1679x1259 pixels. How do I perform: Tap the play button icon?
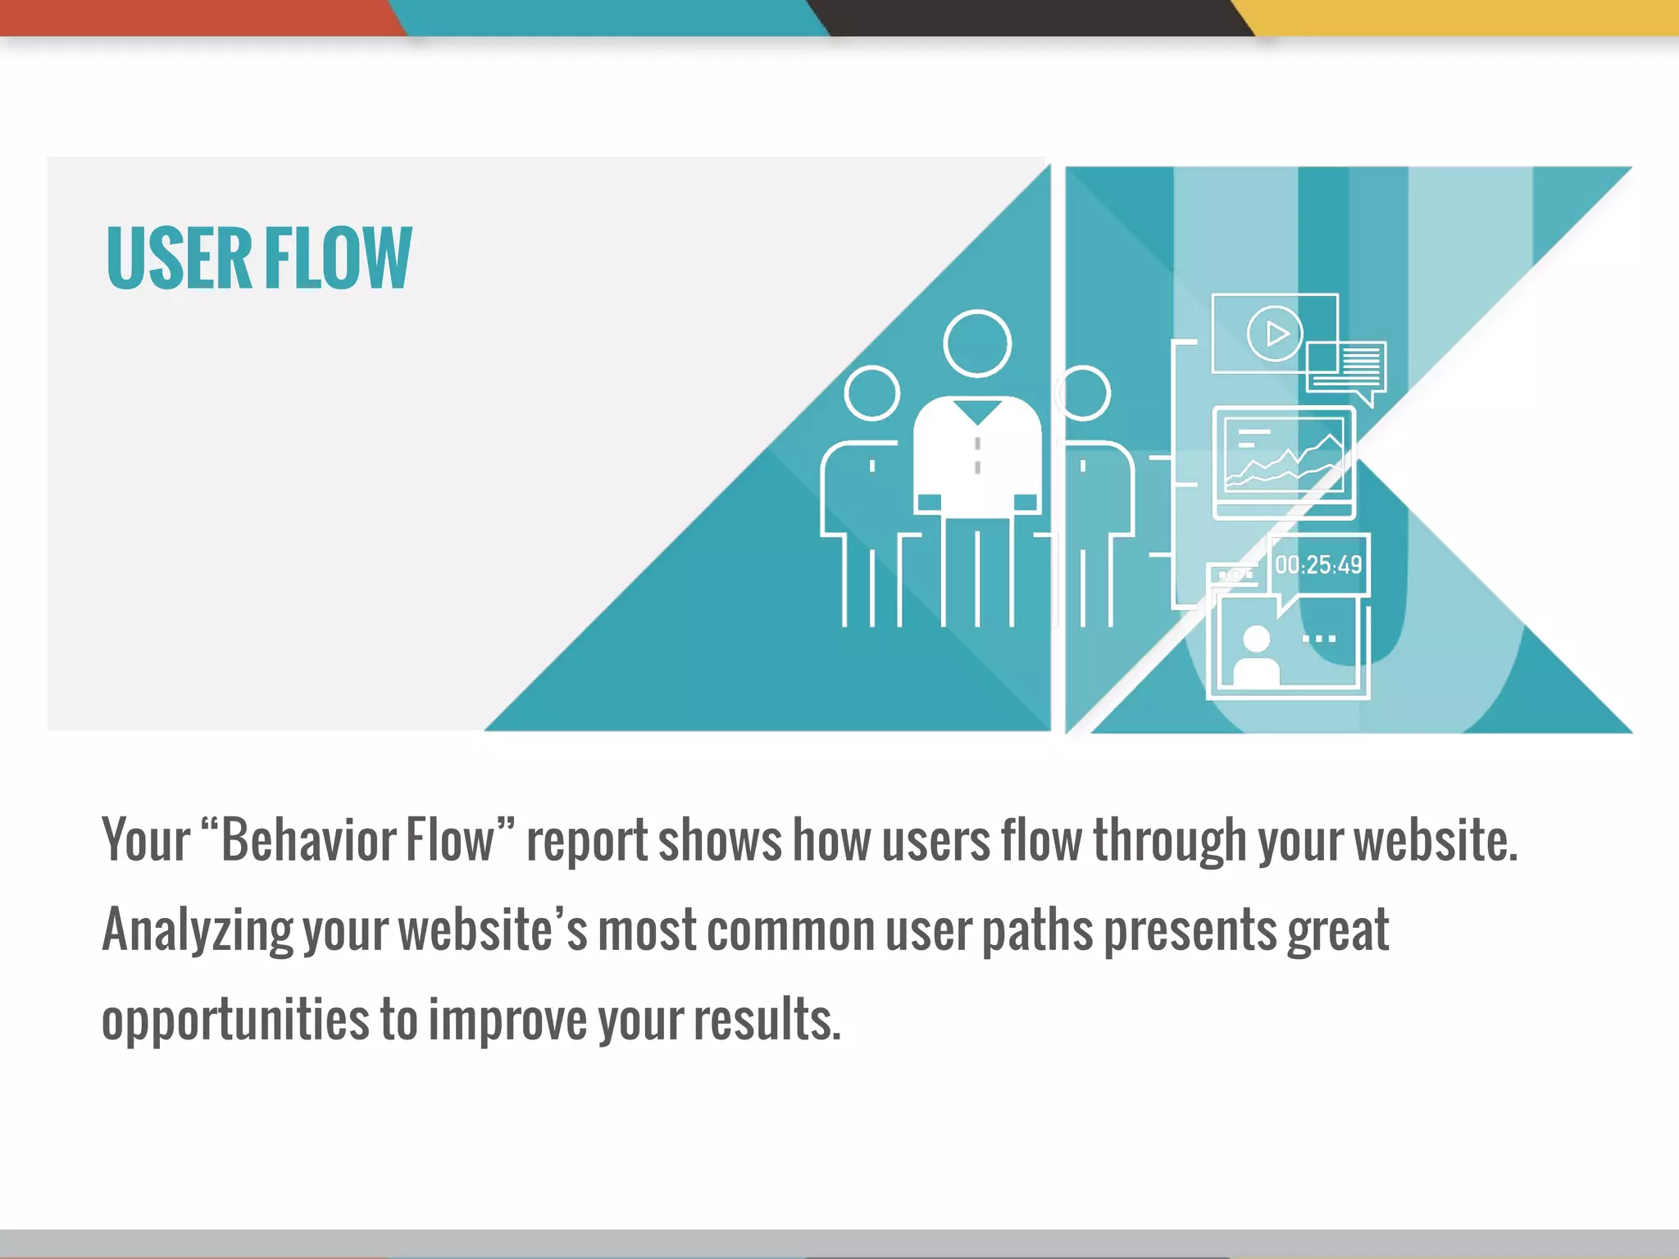(x=1275, y=334)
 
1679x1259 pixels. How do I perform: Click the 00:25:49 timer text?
(x=1318, y=565)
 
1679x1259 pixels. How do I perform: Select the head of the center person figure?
(x=977, y=343)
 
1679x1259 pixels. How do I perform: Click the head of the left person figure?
(x=871, y=393)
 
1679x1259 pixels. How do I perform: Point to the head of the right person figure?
(x=1084, y=393)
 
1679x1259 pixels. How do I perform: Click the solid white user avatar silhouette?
(x=1256, y=656)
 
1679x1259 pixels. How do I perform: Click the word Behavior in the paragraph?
(x=358, y=841)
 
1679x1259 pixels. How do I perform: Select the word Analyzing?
(x=197, y=931)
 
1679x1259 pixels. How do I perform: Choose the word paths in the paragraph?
(x=1037, y=931)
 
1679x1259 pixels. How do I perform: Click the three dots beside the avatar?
(x=1319, y=639)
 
